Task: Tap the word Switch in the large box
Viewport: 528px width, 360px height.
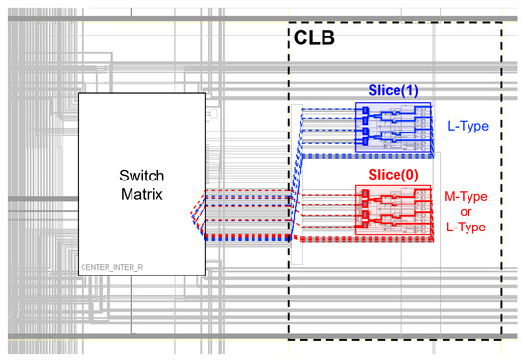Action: pyautogui.click(x=142, y=177)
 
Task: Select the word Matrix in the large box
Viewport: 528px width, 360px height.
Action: pyautogui.click(x=142, y=194)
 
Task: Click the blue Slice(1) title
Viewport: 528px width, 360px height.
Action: pyautogui.click(x=394, y=91)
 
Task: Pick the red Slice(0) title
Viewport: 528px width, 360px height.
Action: pyautogui.click(x=394, y=176)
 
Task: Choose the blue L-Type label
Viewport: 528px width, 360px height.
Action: pyautogui.click(x=468, y=125)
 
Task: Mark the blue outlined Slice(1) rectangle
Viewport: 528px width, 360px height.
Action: pyautogui.click(x=395, y=126)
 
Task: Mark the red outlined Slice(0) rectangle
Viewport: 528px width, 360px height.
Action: pyautogui.click(x=395, y=210)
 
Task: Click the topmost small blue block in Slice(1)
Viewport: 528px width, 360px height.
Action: pyautogui.click(x=366, y=110)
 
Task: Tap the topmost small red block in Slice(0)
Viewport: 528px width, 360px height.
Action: pyautogui.click(x=366, y=194)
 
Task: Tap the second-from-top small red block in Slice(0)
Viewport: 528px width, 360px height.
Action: pyautogui.click(x=366, y=205)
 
